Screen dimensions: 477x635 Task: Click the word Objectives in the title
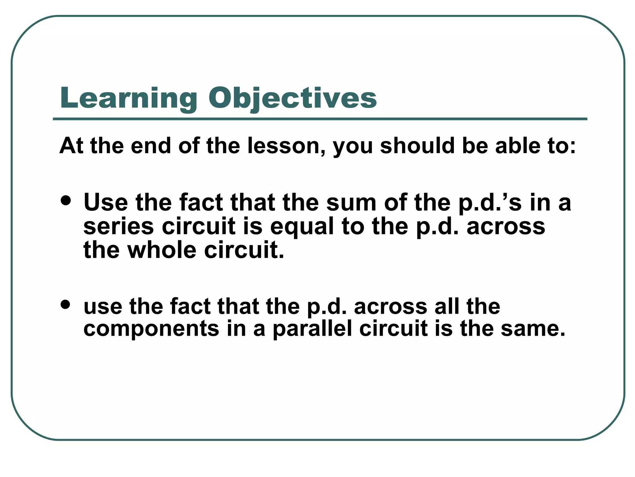coord(292,98)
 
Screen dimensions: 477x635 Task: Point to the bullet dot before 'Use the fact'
coord(66,200)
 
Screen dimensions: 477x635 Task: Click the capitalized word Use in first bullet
coord(106,202)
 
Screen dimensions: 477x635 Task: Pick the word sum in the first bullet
coord(351,202)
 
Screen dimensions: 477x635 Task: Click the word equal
coord(302,227)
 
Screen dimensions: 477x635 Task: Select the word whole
coord(162,250)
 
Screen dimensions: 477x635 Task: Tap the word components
coord(151,329)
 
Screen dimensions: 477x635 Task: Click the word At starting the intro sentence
coord(71,146)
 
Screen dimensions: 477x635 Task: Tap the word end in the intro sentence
coord(151,146)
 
